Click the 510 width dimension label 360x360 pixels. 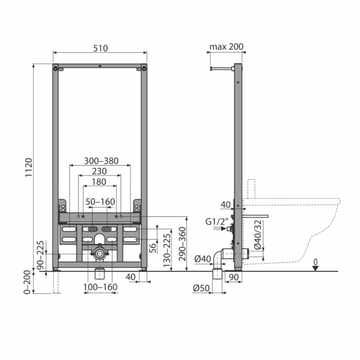pyautogui.click(x=100, y=48)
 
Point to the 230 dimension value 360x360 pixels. pyautogui.click(x=99, y=171)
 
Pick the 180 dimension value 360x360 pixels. pyautogui.click(x=99, y=182)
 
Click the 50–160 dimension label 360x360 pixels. pyautogui.click(x=100, y=202)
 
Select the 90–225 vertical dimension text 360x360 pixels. pyautogui.click(x=40, y=256)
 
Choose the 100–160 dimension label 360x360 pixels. pyautogui.click(x=100, y=287)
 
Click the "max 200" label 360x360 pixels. pyautogui.click(x=226, y=46)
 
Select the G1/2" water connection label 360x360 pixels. pyautogui.click(x=217, y=221)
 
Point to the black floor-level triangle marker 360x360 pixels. pyautogui.click(x=315, y=267)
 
